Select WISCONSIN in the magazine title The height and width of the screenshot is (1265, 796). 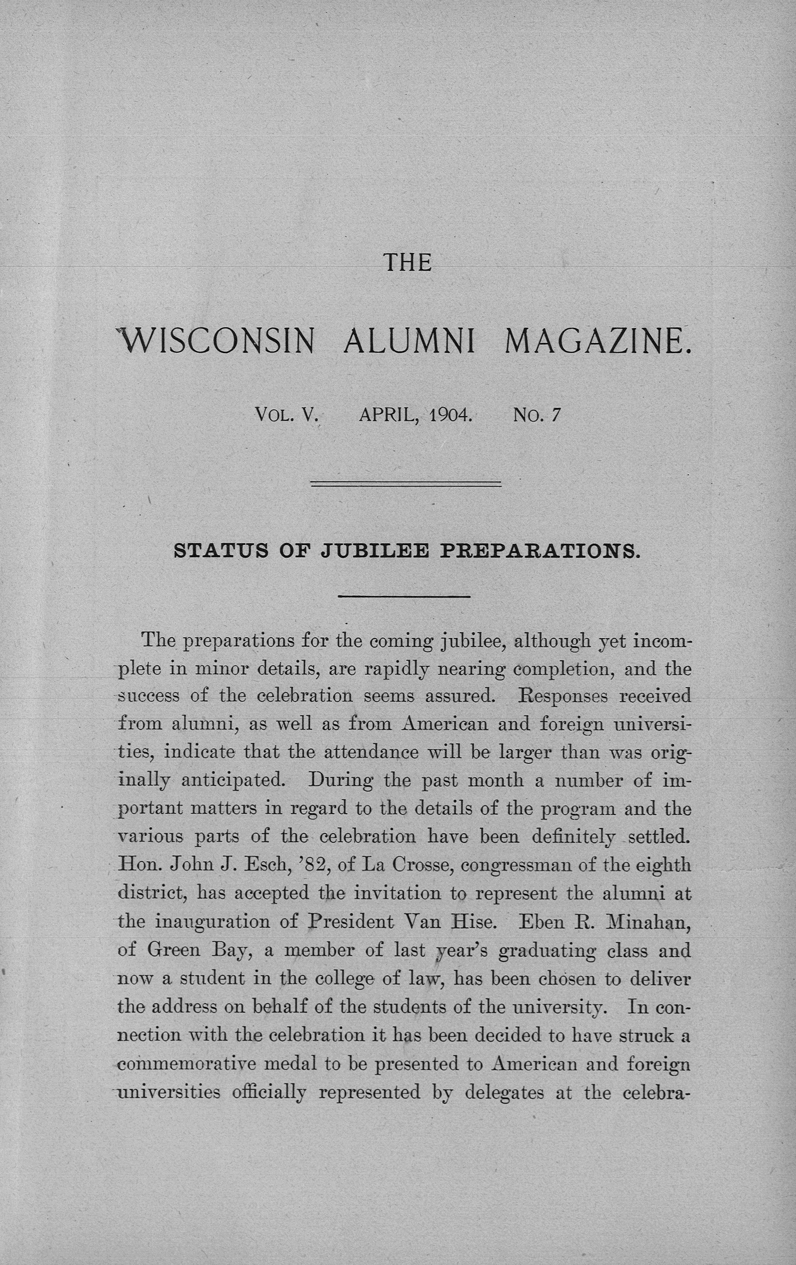pos(218,341)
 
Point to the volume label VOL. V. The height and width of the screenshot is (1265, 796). pos(287,416)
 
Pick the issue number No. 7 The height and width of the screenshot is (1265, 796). pos(536,416)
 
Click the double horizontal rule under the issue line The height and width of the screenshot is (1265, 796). pos(406,483)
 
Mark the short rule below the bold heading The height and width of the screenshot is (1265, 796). pos(404,596)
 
